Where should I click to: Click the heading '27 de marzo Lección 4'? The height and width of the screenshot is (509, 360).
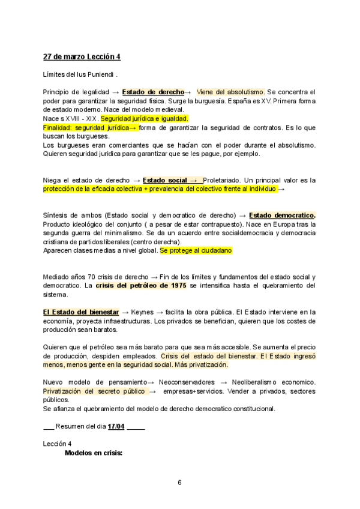82,57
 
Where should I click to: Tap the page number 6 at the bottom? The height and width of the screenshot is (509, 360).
179,482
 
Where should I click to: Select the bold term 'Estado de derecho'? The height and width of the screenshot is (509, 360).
153,92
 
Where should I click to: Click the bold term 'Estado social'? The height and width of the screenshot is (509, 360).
165,179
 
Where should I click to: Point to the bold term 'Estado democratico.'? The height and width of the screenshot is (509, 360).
282,215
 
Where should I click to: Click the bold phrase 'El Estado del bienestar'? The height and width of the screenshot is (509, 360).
80,312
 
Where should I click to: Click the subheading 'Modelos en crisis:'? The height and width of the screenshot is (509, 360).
94,453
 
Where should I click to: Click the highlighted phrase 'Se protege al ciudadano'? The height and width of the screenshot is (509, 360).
196,250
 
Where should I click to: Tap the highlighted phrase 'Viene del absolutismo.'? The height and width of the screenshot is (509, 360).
230,92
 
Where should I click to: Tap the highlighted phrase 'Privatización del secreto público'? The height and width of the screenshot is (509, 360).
94,391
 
